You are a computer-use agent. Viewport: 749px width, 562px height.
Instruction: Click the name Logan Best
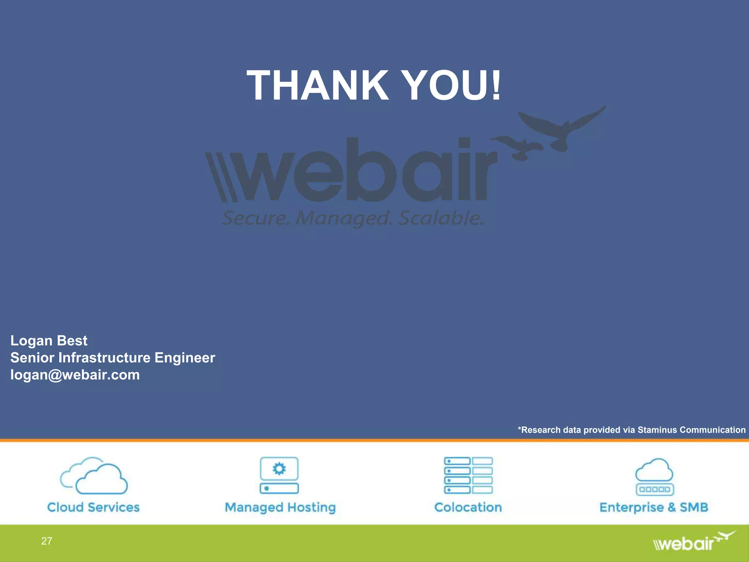49,341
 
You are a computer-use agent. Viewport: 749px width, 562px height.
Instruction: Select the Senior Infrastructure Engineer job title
113,358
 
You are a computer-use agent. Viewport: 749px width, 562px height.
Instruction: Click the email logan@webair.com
75,375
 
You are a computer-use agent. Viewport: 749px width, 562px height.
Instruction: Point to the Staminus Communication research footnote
632,430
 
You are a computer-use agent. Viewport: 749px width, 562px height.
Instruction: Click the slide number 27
46,541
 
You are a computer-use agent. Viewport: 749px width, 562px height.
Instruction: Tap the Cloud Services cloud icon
94,476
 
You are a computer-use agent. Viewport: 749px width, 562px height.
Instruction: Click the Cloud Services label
94,507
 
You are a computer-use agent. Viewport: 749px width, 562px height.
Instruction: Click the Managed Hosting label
280,507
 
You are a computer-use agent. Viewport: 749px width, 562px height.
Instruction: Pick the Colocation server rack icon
468,475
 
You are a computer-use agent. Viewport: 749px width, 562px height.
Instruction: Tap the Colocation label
468,507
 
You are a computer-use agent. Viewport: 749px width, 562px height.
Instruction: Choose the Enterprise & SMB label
654,507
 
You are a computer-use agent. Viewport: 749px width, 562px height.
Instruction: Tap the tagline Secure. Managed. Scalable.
353,218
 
